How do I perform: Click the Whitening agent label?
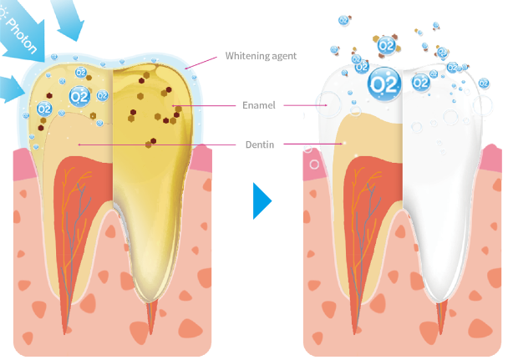click(261, 56)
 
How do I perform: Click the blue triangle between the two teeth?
click(262, 201)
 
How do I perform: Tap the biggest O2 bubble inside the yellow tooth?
click(80, 96)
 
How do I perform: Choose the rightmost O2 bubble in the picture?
click(454, 67)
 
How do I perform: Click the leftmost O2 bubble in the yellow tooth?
click(43, 109)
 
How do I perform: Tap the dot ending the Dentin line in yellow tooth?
click(79, 144)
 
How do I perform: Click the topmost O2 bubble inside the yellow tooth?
click(81, 73)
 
